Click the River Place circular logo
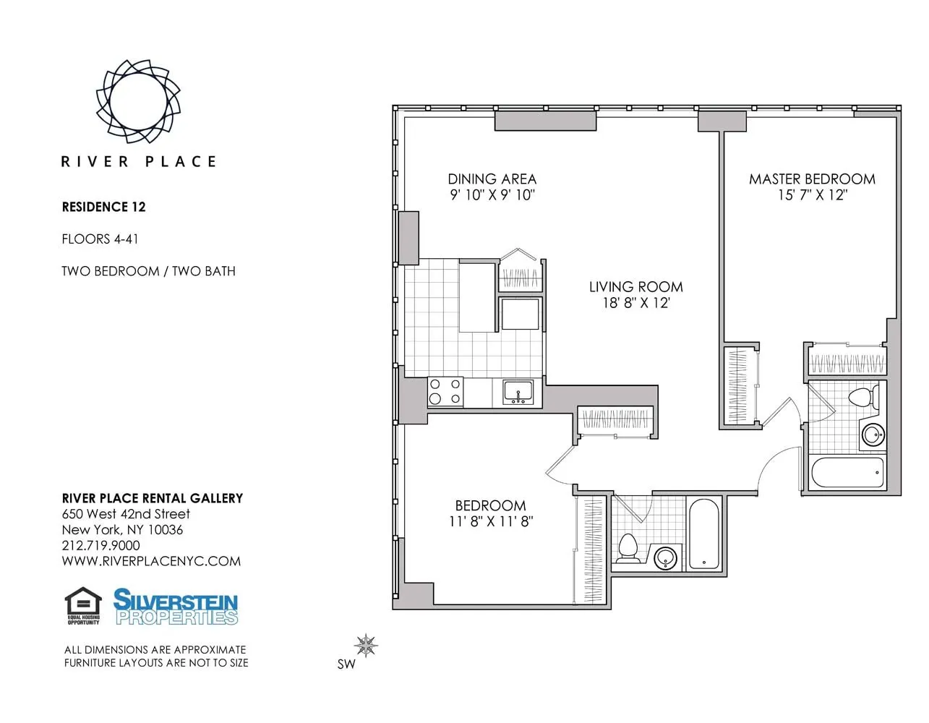pyautogui.click(x=138, y=100)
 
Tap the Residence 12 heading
pyautogui.click(x=103, y=207)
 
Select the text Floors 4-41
pyautogui.click(x=100, y=239)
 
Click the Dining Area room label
pyautogui.click(x=492, y=179)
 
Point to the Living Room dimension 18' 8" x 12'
pyautogui.click(x=636, y=303)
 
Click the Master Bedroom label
pyautogui.click(x=812, y=179)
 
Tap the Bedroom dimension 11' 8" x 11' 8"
pyautogui.click(x=490, y=521)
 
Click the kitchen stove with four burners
pyautogui.click(x=445, y=392)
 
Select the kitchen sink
pyautogui.click(x=518, y=393)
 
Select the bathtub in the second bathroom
pyautogui.click(x=703, y=534)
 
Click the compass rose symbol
pyautogui.click(x=367, y=645)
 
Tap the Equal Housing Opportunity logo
pyautogui.click(x=83, y=606)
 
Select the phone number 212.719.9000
pyautogui.click(x=101, y=545)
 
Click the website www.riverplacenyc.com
pyautogui.click(x=151, y=561)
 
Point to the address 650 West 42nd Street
pyautogui.click(x=126, y=514)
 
